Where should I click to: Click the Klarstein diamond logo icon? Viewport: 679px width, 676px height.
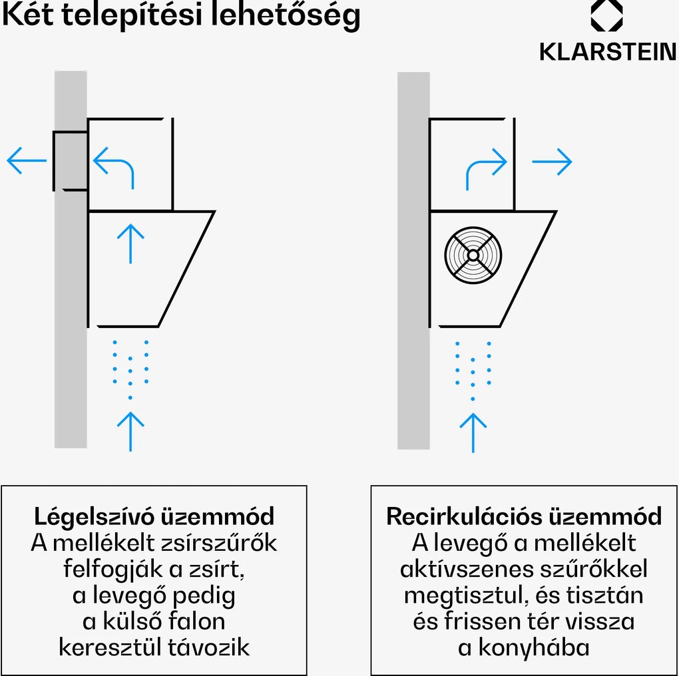tap(606, 16)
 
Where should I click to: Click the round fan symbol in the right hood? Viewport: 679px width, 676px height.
tap(473, 255)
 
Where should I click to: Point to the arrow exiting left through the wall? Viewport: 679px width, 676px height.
tap(27, 161)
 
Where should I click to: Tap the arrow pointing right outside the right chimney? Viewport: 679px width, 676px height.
tap(552, 161)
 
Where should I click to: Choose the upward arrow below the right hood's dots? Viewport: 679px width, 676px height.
tap(473, 431)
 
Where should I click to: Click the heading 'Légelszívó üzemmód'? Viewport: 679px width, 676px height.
tap(154, 516)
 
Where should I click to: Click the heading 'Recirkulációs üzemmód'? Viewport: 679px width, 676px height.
tap(525, 516)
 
